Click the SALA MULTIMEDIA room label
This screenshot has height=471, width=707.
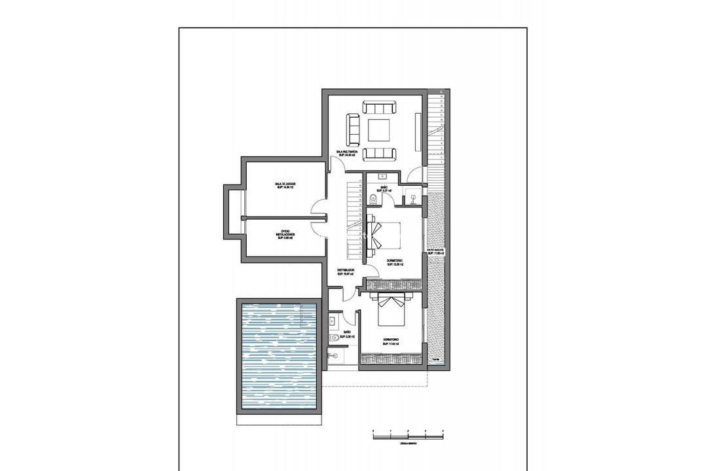(347, 153)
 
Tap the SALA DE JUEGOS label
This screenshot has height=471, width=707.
(285, 186)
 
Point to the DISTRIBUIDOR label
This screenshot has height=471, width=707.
(345, 271)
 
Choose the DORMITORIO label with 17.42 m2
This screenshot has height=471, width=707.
(391, 342)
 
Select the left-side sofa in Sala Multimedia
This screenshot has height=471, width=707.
(353, 130)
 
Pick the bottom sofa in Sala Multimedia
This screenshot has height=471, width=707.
(380, 154)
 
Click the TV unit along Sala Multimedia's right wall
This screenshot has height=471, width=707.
(418, 130)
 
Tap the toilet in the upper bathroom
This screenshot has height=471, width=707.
(372, 199)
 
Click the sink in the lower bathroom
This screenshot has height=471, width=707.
(333, 321)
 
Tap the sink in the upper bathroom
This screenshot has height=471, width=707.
(382, 177)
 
